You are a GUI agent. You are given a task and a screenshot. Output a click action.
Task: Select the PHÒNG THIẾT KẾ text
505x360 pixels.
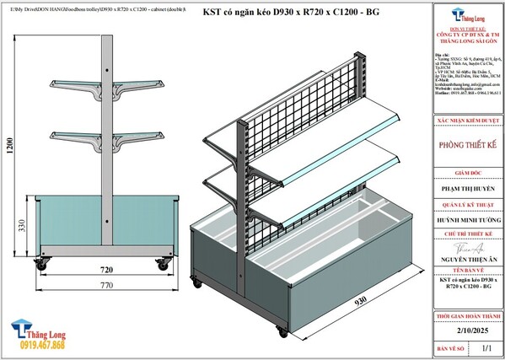pyautogui.click(x=469, y=144)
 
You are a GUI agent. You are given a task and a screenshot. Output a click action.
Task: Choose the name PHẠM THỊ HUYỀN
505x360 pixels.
pyautogui.click(x=469, y=191)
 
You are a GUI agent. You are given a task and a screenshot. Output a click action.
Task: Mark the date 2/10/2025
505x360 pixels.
pyautogui.click(x=469, y=331)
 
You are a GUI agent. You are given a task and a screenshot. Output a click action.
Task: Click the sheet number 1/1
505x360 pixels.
pyautogui.click(x=484, y=347)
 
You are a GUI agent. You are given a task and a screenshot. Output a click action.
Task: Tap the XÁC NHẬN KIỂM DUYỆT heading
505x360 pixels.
pyautogui.click(x=469, y=121)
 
